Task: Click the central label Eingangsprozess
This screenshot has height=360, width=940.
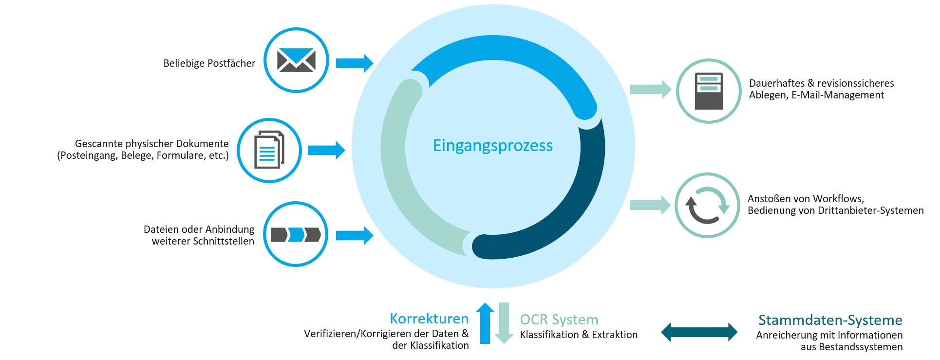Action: pyautogui.click(x=492, y=146)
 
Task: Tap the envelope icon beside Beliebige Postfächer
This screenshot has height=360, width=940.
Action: pyautogui.click(x=296, y=60)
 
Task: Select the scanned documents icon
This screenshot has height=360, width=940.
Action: pyautogui.click(x=269, y=151)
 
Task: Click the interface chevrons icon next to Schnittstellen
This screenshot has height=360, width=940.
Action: pyautogui.click(x=296, y=235)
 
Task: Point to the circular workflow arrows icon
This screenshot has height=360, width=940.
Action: pyautogui.click(x=707, y=205)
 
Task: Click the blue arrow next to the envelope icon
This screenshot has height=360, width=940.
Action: pyautogui.click(x=355, y=63)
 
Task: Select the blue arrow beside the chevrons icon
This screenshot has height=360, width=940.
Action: pyautogui.click(x=355, y=236)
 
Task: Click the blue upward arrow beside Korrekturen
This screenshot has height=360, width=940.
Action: pyautogui.click(x=485, y=323)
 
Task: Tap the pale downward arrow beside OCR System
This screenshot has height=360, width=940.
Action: pyautogui.click(x=504, y=323)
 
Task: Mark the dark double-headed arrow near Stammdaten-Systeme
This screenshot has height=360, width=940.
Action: pyautogui.click(x=699, y=332)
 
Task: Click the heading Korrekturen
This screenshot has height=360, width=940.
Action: pyautogui.click(x=429, y=319)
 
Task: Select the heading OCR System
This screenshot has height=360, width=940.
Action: pyautogui.click(x=559, y=320)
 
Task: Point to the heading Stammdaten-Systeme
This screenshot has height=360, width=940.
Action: pyautogui.click(x=830, y=320)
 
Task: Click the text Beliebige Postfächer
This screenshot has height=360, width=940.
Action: pyautogui.click(x=209, y=63)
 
